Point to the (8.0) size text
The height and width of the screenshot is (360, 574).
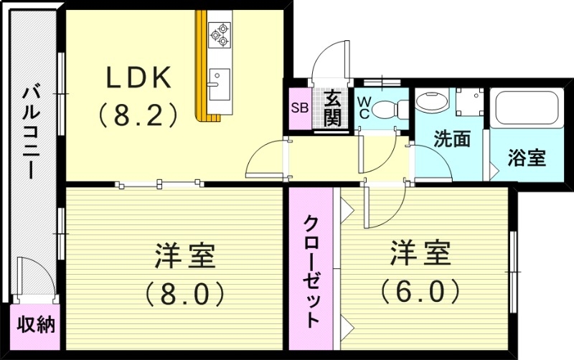pyautogui.click(x=185, y=293)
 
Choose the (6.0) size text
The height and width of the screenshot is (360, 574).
pyautogui.click(x=420, y=290)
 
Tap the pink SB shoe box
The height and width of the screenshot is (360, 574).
pyautogui.click(x=298, y=108)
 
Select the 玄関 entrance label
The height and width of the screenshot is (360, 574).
pyautogui.click(x=331, y=108)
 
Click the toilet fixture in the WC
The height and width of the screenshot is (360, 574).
pyautogui.click(x=387, y=108)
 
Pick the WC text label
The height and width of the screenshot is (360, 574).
pyautogui.click(x=364, y=108)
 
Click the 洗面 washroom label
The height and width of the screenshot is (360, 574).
pyautogui.click(x=452, y=138)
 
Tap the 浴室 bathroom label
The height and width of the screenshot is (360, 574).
pyautogui.click(x=527, y=158)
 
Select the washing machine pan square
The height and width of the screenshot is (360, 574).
pyautogui.click(x=471, y=102)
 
